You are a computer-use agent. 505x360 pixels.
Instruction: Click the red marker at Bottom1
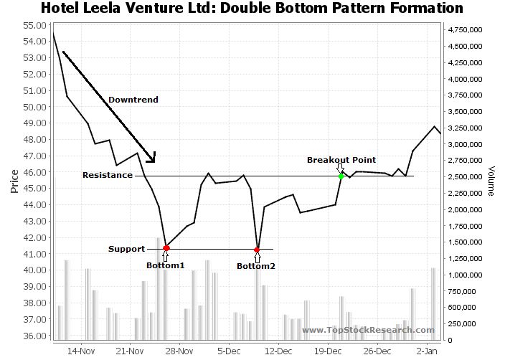click(x=166, y=247)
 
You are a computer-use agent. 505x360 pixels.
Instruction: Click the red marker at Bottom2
click(x=257, y=250)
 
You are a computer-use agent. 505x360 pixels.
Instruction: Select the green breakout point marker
click(x=341, y=176)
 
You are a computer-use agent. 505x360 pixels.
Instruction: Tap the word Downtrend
click(x=133, y=100)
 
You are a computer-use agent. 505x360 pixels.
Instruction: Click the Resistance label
click(x=107, y=175)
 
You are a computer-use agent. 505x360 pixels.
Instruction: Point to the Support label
click(x=126, y=250)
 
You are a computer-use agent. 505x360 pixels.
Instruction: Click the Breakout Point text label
click(x=341, y=160)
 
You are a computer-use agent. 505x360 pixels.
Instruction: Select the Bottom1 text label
click(x=166, y=265)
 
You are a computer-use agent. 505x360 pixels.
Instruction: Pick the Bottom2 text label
click(x=256, y=266)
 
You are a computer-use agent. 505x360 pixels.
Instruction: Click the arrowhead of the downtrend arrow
click(x=151, y=158)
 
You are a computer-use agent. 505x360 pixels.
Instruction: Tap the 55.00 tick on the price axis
click(x=34, y=25)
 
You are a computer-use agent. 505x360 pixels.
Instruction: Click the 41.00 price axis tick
click(x=34, y=254)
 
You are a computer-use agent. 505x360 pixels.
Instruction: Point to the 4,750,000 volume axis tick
click(x=465, y=30)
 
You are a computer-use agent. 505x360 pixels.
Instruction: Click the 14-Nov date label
click(x=80, y=351)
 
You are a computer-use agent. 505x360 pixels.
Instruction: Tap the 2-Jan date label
click(x=428, y=351)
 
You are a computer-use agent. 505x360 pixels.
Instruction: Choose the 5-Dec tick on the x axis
click(x=229, y=351)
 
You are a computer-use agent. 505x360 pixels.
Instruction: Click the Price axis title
click(x=14, y=181)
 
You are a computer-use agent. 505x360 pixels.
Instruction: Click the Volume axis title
click(x=491, y=181)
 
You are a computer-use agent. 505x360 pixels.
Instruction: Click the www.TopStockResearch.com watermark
click(x=368, y=330)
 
